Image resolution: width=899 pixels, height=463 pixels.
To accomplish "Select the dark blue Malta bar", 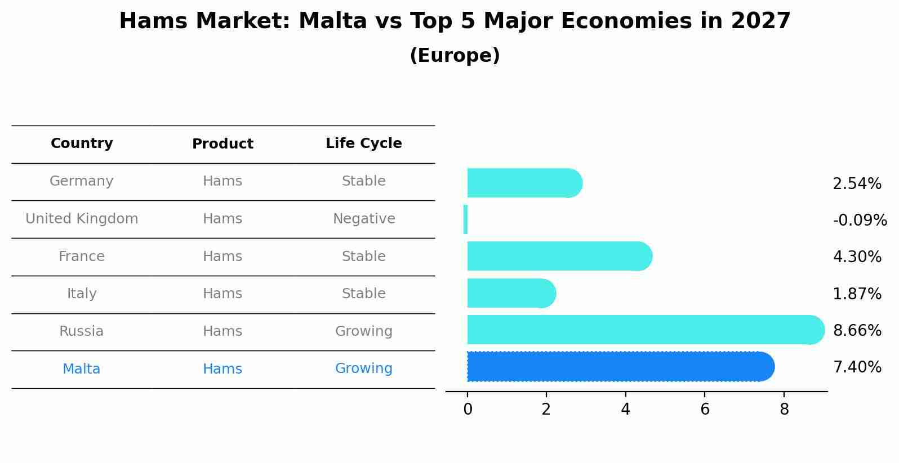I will [x=620, y=367].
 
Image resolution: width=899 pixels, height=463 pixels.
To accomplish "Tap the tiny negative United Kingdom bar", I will [x=465, y=219].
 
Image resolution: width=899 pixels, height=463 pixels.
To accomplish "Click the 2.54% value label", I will [x=857, y=183].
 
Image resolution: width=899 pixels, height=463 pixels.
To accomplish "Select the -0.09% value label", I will [x=860, y=220].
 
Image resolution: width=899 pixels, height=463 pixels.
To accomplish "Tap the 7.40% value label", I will [x=857, y=367].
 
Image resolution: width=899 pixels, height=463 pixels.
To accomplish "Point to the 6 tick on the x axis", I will [x=705, y=410].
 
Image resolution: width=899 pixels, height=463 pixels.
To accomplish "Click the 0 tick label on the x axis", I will [x=468, y=410].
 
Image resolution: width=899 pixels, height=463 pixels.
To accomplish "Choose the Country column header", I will [x=82, y=143].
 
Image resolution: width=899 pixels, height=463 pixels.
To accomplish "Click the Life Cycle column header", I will [x=364, y=143].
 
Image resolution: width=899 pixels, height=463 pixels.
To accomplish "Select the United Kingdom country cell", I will [x=82, y=219].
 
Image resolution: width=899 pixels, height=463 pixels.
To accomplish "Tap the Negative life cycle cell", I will [x=364, y=219].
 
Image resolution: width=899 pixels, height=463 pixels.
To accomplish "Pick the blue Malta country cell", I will [x=82, y=369].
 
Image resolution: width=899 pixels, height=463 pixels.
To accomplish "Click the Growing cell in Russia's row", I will [x=364, y=331].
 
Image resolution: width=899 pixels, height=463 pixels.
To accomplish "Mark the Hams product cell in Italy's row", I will [x=222, y=294].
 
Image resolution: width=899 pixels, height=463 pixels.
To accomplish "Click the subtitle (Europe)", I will [x=455, y=56].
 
